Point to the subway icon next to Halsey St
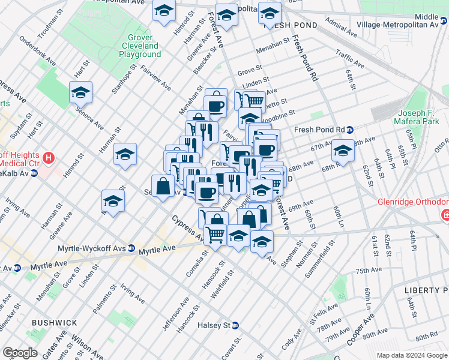click(x=236, y=326)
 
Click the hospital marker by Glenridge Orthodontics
click(x=445, y=214)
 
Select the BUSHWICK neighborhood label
click(x=55, y=323)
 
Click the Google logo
click(x=20, y=353)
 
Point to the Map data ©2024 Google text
click(x=411, y=355)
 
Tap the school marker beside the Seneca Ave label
click(x=80, y=93)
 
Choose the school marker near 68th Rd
click(x=343, y=151)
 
